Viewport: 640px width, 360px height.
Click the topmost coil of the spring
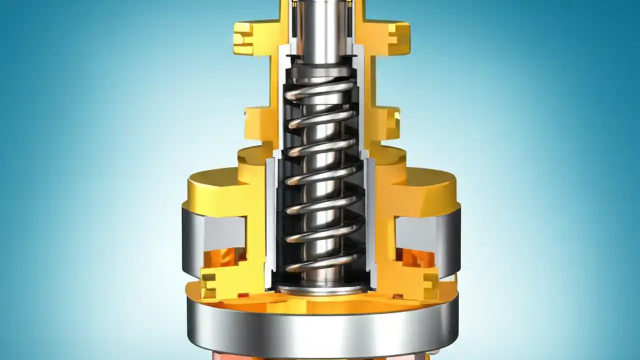pos(320,90)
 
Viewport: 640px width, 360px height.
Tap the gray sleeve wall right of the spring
pos(370,220)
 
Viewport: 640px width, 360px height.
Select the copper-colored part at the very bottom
pos(320,355)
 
